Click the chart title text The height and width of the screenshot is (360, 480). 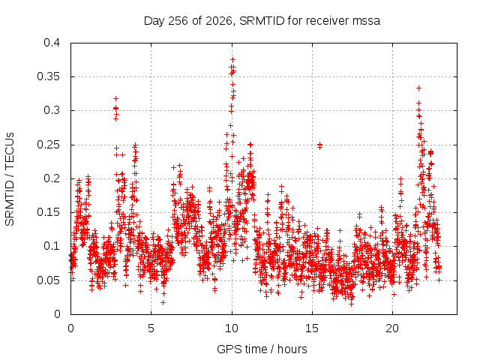tap(262, 21)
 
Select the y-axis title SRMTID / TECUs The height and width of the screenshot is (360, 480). tap(10, 178)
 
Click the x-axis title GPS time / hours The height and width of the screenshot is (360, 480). tap(262, 349)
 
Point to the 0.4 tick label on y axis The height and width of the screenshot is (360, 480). tap(52, 43)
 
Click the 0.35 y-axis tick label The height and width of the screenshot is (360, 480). tap(48, 76)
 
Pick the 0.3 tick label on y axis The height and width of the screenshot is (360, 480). tap(52, 110)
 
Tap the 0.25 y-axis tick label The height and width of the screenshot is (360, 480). tap(48, 145)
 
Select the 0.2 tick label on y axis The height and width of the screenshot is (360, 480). tap(52, 178)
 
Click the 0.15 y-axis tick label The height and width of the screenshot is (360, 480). tap(48, 212)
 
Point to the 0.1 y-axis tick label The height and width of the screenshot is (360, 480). tap(52, 246)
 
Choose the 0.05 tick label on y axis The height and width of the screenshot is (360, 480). tap(48, 280)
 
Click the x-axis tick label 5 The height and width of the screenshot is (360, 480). tap(151, 328)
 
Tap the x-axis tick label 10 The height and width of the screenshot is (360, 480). tap(232, 328)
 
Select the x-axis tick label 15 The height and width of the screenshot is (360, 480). tap(312, 328)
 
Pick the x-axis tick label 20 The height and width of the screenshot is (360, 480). tap(392, 328)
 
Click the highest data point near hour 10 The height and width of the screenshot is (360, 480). tap(232, 60)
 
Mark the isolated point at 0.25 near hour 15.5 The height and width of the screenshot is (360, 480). tap(320, 145)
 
